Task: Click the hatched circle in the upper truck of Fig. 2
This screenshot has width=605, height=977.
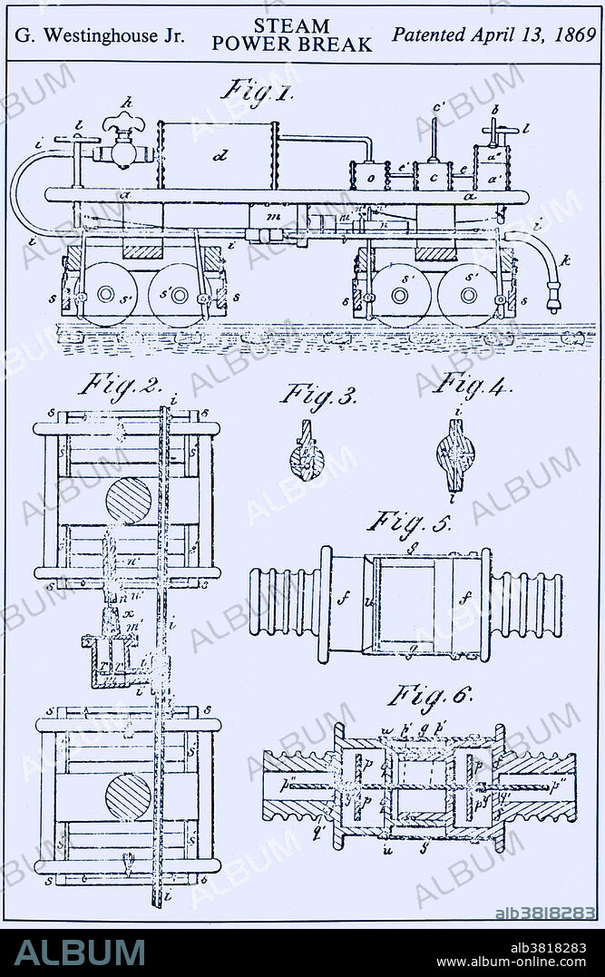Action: tap(129, 501)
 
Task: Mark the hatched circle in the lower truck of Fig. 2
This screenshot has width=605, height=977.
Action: tap(127, 796)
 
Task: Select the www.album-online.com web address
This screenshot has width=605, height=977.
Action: tap(519, 960)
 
